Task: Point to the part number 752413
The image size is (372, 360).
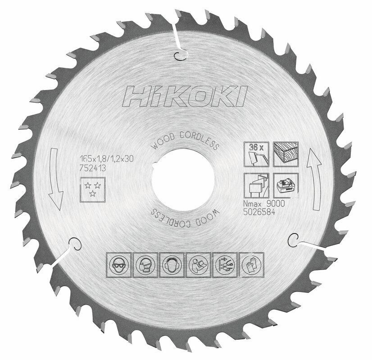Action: (x=93, y=166)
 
